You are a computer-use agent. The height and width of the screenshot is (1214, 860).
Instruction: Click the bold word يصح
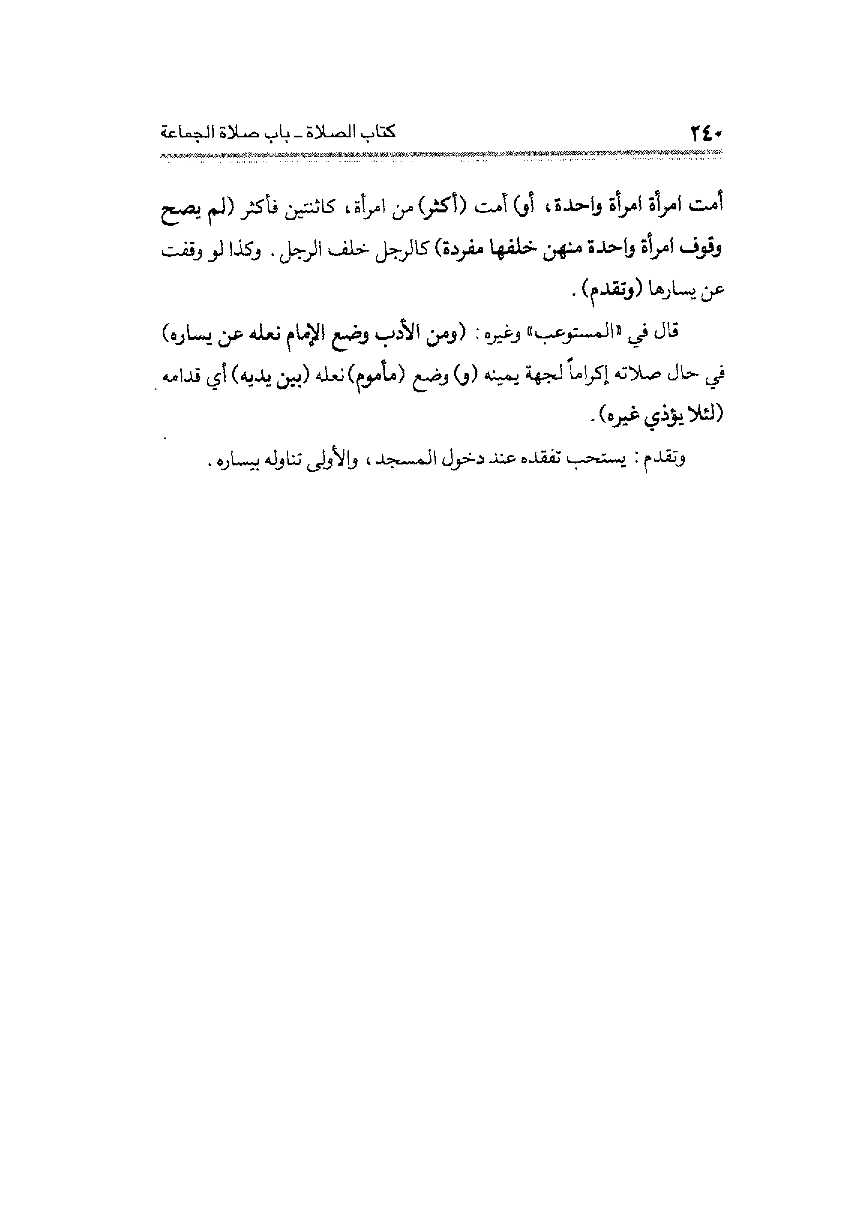pos(179,208)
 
